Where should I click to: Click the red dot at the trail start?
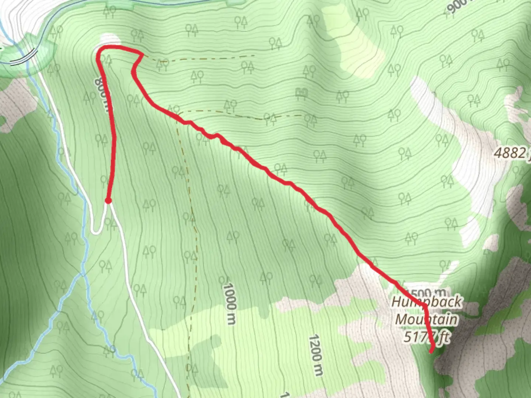point(108,200)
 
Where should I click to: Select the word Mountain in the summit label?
point(426,319)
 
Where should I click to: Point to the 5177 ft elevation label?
point(427,336)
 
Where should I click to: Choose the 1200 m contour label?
point(316,355)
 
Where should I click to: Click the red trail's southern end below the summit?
point(431,352)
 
